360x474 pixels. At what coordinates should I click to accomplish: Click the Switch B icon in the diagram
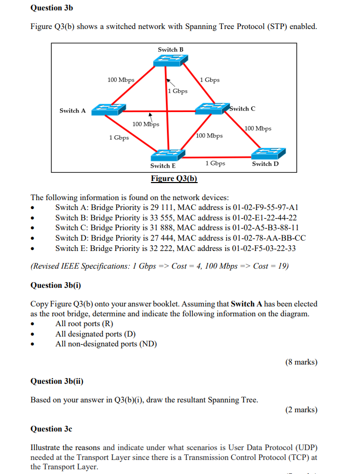point(169,60)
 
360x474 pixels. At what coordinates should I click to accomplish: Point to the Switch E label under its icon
point(163,166)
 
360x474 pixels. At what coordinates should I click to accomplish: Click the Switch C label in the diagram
point(242,109)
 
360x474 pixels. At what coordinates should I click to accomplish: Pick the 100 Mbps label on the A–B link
point(120,80)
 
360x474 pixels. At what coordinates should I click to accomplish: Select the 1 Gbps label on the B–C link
point(210,80)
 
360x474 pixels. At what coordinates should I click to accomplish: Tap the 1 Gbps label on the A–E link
point(119,137)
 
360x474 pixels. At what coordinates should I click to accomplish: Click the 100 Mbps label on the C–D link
point(258,128)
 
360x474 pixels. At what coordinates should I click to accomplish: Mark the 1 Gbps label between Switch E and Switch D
point(215,163)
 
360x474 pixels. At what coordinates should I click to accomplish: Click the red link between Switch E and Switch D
point(218,157)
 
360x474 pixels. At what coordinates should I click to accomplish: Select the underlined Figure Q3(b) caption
point(174,179)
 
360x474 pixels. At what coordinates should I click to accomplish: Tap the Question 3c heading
point(51,429)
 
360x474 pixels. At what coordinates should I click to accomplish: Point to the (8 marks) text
point(301,362)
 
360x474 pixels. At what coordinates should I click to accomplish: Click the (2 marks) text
point(301,410)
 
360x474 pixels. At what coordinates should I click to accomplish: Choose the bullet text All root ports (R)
point(84,324)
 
